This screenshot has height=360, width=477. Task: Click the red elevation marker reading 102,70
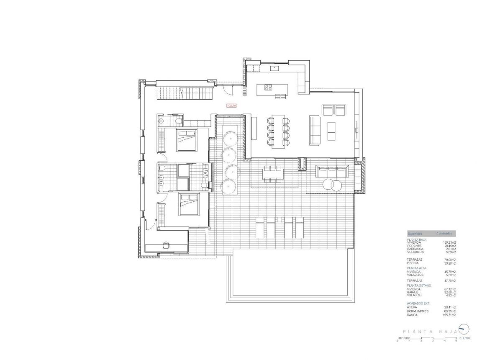click(231, 106)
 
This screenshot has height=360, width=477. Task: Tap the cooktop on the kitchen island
click(268, 87)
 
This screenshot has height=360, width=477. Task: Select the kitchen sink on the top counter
click(275, 67)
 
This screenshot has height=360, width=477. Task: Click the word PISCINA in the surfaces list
click(413, 263)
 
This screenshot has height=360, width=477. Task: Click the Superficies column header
click(415, 234)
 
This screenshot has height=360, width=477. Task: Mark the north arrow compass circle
click(463, 329)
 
